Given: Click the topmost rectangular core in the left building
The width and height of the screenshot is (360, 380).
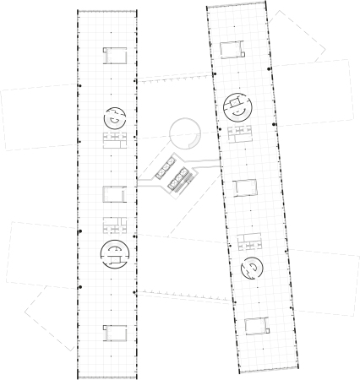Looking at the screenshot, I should pyautogui.click(x=114, y=56).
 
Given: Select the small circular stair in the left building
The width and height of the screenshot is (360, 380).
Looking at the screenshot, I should pyautogui.click(x=114, y=117).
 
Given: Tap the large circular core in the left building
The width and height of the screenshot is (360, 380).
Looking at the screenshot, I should pyautogui.click(x=114, y=251).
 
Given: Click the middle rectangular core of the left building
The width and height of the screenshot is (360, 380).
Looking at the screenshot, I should pyautogui.click(x=114, y=193).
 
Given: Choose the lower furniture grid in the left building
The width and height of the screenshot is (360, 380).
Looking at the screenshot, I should pyautogui.click(x=114, y=225).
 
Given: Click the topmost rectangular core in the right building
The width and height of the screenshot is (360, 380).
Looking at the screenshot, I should pyautogui.click(x=233, y=49).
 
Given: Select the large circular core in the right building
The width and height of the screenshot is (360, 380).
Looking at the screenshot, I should pyautogui.click(x=239, y=108).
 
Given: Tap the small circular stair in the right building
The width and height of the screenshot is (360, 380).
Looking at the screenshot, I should pyautogui.click(x=253, y=269).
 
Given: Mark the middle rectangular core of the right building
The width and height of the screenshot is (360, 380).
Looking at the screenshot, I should pyautogui.click(x=244, y=187).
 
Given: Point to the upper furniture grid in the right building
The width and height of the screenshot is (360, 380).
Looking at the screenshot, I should pyautogui.click(x=242, y=135).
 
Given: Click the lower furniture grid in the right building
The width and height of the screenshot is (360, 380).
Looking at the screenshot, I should pyautogui.click(x=249, y=242).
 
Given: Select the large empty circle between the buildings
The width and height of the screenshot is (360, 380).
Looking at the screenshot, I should pyautogui.click(x=184, y=133).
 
